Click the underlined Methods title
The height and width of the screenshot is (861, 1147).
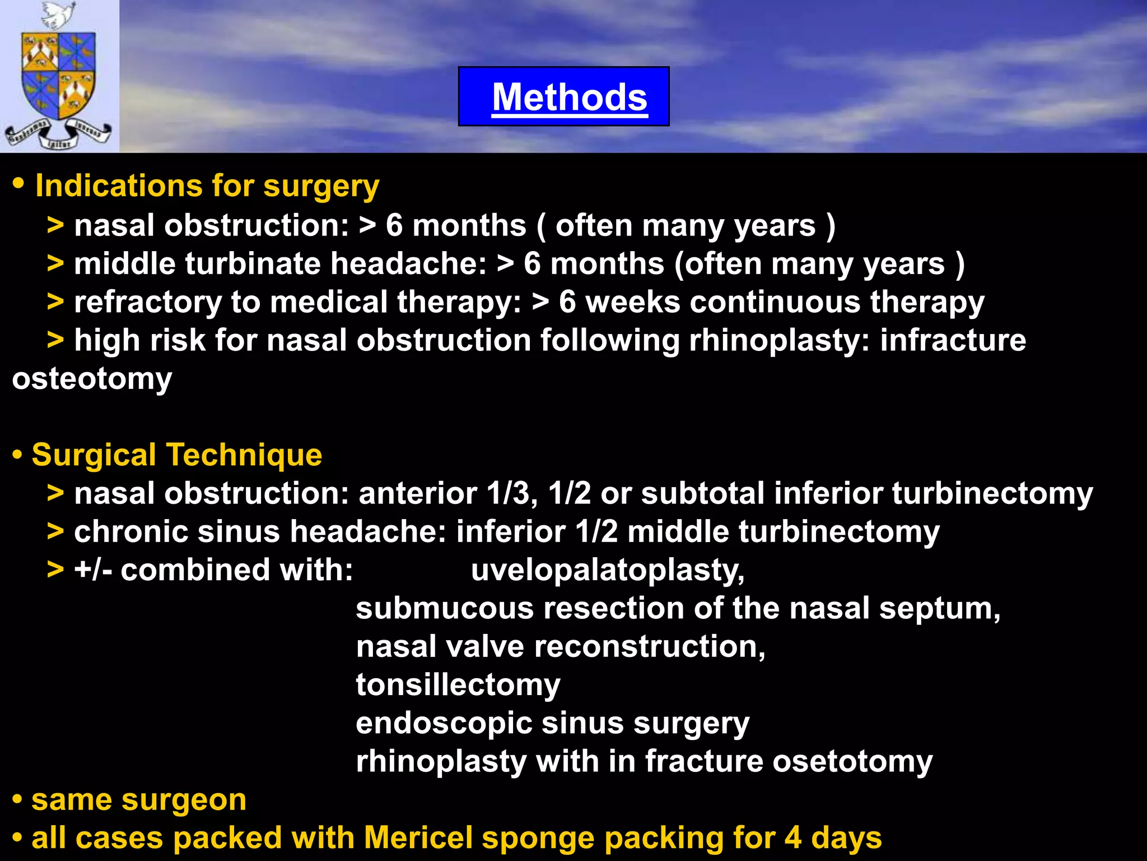(x=570, y=98)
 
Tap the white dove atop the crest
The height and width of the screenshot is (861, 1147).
(x=58, y=15)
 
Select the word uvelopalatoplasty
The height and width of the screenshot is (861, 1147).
(x=608, y=571)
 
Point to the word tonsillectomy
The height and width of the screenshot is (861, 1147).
(x=458, y=685)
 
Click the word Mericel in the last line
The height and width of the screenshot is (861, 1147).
(x=418, y=838)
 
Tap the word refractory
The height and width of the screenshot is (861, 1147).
(x=148, y=303)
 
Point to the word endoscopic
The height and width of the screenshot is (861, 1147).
(x=444, y=723)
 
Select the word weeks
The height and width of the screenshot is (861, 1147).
(x=633, y=303)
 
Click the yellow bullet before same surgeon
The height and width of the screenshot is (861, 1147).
(x=17, y=800)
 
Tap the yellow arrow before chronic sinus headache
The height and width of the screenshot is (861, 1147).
(x=55, y=532)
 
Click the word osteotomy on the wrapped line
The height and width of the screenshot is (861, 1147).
(x=92, y=379)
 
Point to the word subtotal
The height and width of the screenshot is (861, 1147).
(x=702, y=494)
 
